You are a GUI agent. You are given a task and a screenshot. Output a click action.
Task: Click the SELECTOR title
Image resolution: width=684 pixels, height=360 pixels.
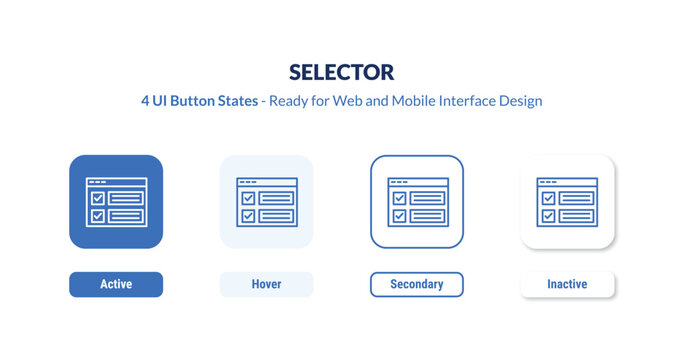(x=342, y=72)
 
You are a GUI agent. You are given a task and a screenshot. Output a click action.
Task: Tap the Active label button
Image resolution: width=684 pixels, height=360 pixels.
(x=116, y=285)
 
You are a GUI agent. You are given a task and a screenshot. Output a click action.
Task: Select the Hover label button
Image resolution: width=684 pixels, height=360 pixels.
(x=266, y=285)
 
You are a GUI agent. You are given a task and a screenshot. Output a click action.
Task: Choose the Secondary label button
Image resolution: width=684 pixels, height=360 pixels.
(x=417, y=285)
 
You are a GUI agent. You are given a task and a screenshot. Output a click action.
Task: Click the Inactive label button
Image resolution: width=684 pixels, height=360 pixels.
(x=567, y=285)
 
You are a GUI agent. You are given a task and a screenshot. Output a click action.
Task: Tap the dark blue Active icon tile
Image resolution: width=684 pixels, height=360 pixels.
(x=116, y=201)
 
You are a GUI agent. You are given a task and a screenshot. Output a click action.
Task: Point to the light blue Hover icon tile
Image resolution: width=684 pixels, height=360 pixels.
(x=266, y=201)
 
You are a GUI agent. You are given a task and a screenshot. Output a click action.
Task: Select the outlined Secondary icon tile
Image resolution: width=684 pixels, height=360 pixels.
(x=417, y=201)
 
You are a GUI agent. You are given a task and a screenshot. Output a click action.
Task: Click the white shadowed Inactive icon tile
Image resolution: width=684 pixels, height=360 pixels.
(x=567, y=201)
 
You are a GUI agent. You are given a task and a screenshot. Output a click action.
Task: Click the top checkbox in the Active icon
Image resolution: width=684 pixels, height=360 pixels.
(x=97, y=198)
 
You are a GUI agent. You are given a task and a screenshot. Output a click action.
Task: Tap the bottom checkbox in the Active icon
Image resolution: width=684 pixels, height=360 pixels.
(x=97, y=215)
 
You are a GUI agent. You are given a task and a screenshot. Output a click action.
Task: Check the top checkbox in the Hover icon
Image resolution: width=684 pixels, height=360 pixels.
(x=247, y=198)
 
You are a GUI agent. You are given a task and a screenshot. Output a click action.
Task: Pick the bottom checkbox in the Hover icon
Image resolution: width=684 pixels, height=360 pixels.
(x=247, y=215)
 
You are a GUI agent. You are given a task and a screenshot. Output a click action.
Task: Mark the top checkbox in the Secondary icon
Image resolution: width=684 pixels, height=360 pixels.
(x=398, y=198)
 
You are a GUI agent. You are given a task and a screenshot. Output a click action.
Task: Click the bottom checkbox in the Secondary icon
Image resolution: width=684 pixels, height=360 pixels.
(x=398, y=215)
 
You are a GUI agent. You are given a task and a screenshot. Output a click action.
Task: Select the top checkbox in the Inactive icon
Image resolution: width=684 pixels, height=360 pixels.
(x=548, y=198)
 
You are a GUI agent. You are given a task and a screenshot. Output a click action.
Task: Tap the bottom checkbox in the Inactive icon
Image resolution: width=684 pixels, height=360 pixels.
(x=548, y=215)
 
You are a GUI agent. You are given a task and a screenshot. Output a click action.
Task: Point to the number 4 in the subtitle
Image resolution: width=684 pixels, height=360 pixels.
(x=146, y=101)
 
